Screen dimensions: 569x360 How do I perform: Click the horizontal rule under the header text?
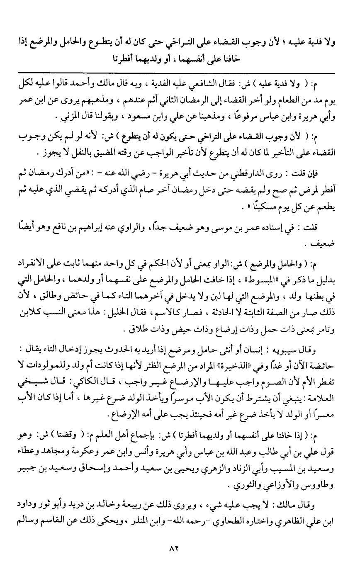point(180,73)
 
